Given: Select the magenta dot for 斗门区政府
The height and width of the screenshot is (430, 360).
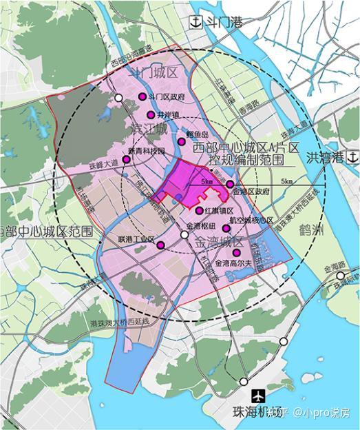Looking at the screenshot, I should click(x=142, y=97).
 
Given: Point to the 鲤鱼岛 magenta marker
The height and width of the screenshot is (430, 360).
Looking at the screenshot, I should click(x=181, y=141).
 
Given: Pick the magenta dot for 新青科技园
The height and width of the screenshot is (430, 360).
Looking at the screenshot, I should click(x=127, y=160).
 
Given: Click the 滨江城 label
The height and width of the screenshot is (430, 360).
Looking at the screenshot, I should click(x=149, y=130).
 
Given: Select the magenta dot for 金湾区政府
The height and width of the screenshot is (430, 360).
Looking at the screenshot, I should click(x=230, y=184).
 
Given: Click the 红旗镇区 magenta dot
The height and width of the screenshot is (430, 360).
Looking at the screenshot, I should click(x=200, y=210).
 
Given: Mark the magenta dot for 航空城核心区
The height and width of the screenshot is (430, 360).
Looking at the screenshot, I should click(x=226, y=227).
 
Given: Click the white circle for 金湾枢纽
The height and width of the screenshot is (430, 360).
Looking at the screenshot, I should click(x=184, y=235).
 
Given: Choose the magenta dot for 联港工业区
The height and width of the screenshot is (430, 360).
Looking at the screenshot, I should click(x=160, y=245).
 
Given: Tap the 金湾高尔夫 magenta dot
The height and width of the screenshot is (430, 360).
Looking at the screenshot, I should click(x=237, y=253).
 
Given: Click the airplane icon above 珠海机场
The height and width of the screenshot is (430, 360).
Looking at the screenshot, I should click(x=258, y=397).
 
